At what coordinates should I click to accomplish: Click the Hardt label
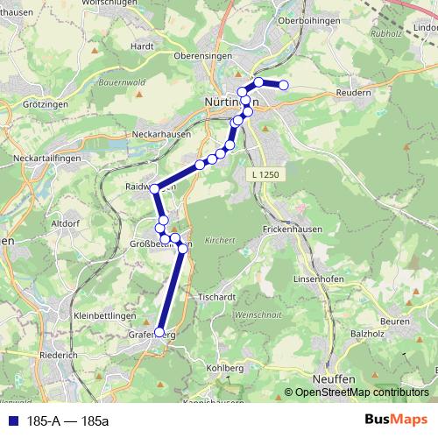coord(142,46)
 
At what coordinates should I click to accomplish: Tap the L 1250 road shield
coord(264,174)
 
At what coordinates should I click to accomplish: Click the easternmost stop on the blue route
coord(283,85)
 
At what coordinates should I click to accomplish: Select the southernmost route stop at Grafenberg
coord(159,332)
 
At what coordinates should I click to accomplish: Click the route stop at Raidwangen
coord(155,188)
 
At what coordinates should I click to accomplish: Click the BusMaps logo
coord(395,420)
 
